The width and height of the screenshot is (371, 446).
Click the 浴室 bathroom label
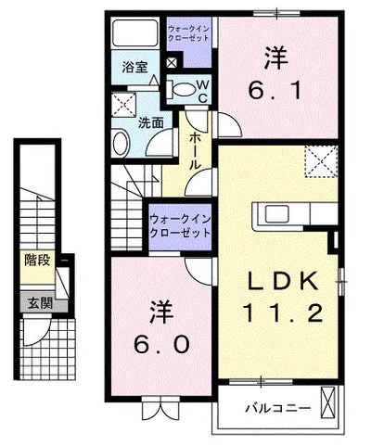pos(134,67)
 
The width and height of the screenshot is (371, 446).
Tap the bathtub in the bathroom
pos(134,33)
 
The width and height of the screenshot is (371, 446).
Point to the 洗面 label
pos(150,123)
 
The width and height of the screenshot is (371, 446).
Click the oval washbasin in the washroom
pos(121,143)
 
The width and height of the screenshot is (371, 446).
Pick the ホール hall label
pos(195,150)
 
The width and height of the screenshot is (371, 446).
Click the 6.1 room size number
pos(275,91)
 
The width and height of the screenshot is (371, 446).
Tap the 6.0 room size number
pos(161,344)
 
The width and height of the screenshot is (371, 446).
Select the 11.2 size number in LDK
pos(283,312)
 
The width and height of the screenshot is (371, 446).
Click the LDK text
pos(284,281)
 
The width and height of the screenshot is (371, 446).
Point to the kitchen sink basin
pos(277,213)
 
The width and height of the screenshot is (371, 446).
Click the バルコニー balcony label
pos(277,409)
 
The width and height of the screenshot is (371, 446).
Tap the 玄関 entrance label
pos(41,303)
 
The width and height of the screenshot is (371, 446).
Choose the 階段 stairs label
pos(37,260)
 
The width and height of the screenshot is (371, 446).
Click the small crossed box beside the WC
pos(172,63)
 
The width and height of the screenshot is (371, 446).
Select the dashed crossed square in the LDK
pos(321,161)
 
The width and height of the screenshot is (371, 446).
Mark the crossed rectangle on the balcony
pos(327,401)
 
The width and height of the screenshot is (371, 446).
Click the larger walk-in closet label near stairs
pos(180,226)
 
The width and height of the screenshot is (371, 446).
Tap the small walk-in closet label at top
pos(188,33)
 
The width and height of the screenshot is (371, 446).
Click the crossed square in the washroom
pos(124,105)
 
